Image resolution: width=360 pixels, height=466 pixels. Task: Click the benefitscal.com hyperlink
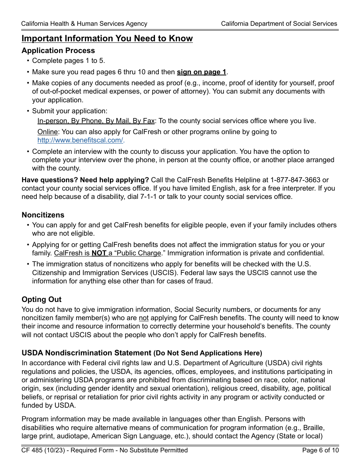point(80,140)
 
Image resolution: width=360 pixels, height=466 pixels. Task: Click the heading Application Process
point(58,50)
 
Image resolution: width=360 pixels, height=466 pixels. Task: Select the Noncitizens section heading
point(43,215)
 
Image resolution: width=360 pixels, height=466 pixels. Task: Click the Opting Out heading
point(41,299)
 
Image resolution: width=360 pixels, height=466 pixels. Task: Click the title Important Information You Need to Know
point(107,38)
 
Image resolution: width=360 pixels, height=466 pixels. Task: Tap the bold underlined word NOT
point(99,253)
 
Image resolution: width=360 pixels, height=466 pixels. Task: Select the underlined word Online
point(48,132)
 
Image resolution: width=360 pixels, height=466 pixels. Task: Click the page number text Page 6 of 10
point(320,450)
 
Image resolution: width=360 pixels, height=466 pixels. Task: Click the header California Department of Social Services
point(279,23)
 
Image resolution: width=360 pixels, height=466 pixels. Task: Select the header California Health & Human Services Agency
point(84,23)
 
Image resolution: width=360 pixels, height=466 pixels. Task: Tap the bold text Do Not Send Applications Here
point(208,353)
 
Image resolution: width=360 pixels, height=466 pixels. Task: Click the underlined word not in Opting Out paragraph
point(144,318)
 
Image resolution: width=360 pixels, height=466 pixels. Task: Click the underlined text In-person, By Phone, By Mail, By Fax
point(96,121)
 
